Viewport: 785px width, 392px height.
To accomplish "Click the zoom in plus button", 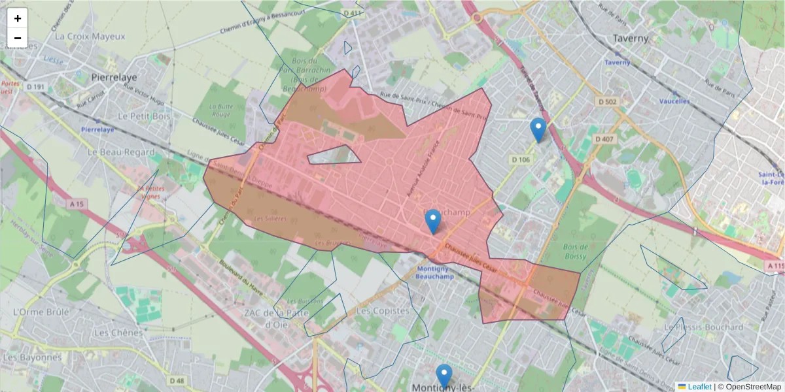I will [x=18, y=18].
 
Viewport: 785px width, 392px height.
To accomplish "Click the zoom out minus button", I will [x=18, y=38].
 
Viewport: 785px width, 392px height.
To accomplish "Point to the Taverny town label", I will [x=631, y=39].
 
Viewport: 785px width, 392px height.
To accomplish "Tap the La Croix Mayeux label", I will [x=90, y=37].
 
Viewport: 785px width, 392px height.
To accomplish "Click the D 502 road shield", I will [x=608, y=101].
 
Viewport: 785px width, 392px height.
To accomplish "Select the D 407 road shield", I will [x=602, y=139].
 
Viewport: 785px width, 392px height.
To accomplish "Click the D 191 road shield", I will [x=35, y=86].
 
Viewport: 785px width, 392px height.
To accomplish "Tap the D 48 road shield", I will [x=177, y=380].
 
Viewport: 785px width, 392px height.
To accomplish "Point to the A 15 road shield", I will [x=77, y=204].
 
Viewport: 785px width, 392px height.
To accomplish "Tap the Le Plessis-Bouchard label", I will [x=703, y=327].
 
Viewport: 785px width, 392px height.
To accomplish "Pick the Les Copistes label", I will [x=383, y=311].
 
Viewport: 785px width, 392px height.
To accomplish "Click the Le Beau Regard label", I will [x=121, y=152].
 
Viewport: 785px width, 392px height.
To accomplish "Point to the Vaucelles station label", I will [x=674, y=101].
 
